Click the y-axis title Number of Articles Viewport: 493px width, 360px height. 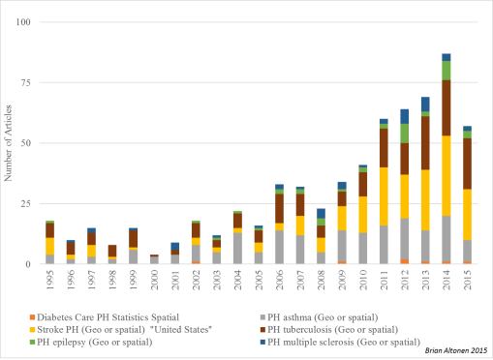11,143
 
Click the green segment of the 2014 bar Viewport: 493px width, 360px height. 447,71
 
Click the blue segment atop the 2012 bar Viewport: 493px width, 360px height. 405,116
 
